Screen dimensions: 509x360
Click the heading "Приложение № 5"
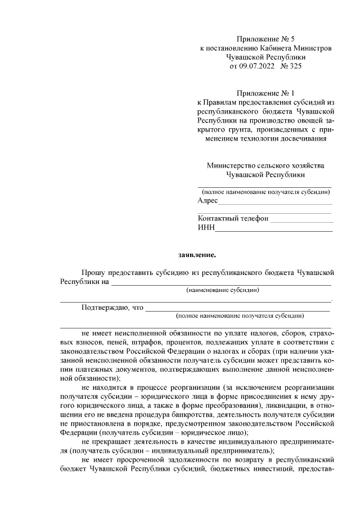point(265,39)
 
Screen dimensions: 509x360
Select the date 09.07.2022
point(257,66)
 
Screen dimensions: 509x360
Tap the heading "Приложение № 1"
point(265,93)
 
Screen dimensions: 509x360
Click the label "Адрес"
point(208,201)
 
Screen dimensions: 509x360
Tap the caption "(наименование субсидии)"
point(223,291)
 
